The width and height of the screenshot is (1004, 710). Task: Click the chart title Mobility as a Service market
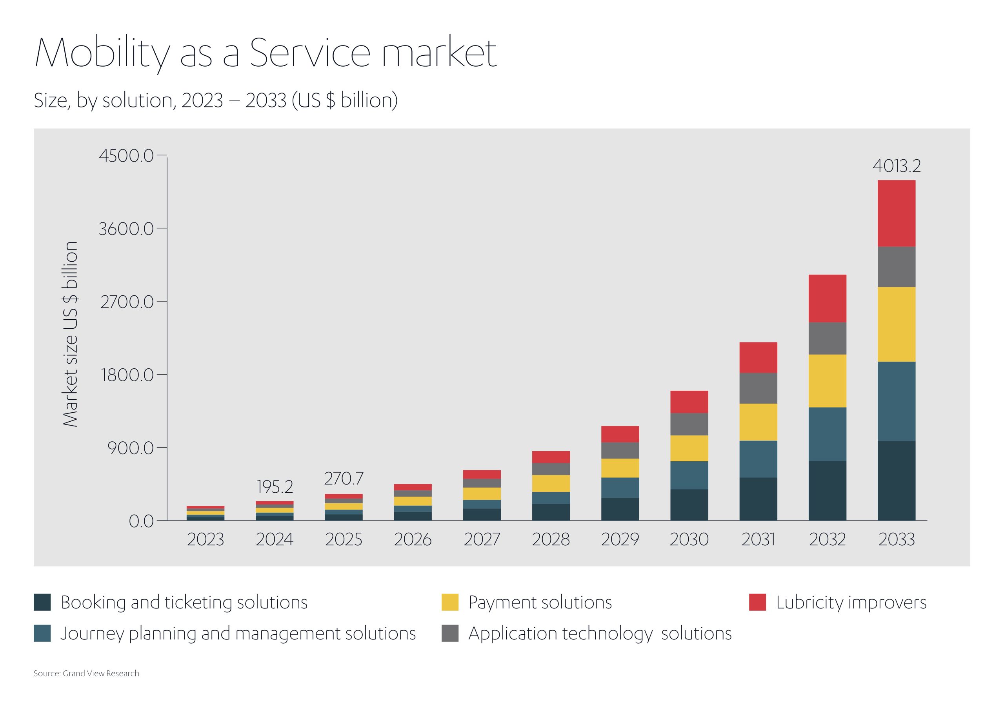pos(266,53)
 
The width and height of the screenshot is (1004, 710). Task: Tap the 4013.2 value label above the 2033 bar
pos(897,166)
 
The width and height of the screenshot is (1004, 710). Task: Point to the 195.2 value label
pos(275,487)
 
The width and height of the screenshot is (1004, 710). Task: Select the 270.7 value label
pos(344,479)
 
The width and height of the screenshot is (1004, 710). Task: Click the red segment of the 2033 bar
pos(897,213)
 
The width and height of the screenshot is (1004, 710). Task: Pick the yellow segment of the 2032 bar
pos(828,381)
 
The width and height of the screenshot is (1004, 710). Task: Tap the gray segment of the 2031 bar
pos(758,388)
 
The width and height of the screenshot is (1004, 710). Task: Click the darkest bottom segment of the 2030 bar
pos(689,505)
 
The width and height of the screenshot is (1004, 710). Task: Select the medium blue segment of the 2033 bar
pos(897,401)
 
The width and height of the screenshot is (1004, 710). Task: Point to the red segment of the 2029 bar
pos(620,434)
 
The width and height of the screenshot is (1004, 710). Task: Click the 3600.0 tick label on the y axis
pos(126,229)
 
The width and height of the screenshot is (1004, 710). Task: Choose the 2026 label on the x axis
pos(413,539)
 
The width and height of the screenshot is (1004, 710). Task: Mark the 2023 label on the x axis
pos(206,539)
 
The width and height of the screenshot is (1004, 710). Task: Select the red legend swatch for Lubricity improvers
pos(757,602)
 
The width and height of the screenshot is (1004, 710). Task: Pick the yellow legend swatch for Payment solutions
pos(450,602)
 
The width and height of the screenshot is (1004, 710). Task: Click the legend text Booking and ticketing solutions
pos(184,603)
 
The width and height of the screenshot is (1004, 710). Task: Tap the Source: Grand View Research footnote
pos(87,673)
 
